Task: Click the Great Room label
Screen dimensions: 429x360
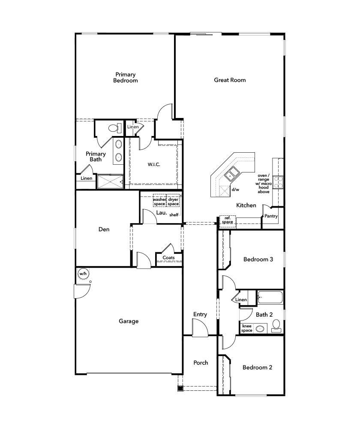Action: point(230,80)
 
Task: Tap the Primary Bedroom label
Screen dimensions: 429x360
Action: point(125,77)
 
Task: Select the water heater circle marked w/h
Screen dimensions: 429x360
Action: point(83,273)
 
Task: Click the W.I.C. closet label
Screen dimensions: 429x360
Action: point(154,164)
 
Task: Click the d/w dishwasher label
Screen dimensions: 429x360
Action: point(235,189)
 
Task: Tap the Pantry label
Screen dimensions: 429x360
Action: point(271,216)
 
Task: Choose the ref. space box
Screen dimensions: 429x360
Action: point(227,220)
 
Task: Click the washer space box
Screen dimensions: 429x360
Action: point(159,202)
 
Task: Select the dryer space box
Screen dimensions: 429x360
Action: point(173,202)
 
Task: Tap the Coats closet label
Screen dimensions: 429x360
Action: point(168,258)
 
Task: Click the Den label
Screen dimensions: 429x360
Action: point(104,230)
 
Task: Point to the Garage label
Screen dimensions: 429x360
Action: point(129,321)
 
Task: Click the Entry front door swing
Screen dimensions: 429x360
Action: point(199,329)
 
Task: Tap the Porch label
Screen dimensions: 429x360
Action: point(201,363)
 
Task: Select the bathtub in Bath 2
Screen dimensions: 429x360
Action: point(270,297)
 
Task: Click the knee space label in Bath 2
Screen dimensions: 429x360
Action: point(246,328)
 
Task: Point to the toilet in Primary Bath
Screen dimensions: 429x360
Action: point(113,128)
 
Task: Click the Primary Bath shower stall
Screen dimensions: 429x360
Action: point(110,181)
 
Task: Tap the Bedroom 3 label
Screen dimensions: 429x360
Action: point(258,259)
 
